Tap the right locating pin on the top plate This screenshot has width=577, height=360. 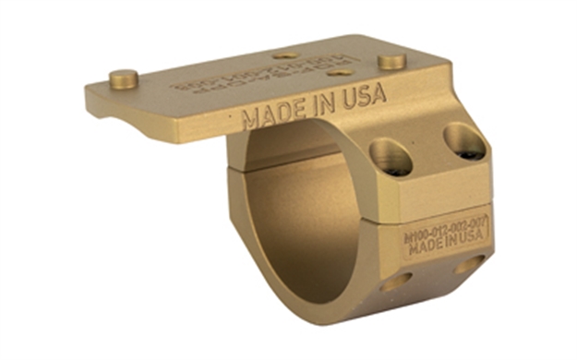pos(391,61)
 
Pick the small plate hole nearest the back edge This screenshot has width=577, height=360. pos(288,54)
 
